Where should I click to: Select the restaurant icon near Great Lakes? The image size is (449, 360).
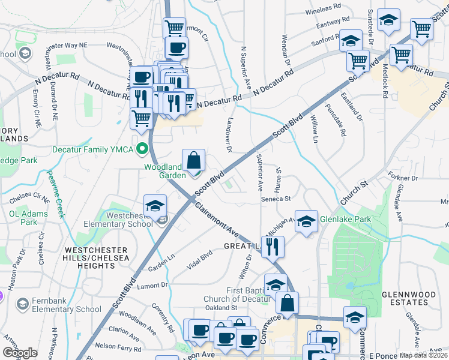tap(273, 245)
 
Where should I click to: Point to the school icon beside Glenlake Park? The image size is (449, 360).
tap(306, 221)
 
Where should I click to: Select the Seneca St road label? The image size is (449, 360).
tap(276, 199)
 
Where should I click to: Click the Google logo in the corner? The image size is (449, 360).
tap(20, 353)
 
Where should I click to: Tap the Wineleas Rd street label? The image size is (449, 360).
tap(323, 11)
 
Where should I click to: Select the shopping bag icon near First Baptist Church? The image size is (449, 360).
tap(288, 305)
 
